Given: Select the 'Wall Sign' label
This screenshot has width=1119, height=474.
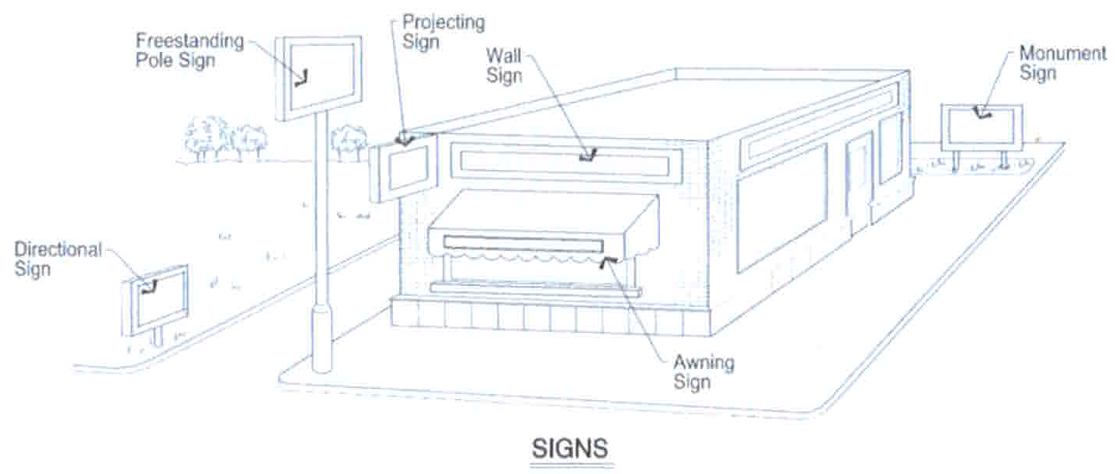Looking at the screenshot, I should [504, 66].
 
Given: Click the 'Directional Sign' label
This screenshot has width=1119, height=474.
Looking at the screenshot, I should [57, 260].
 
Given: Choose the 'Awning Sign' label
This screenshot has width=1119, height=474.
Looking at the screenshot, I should [704, 372].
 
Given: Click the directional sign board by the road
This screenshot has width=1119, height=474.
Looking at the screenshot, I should [156, 299].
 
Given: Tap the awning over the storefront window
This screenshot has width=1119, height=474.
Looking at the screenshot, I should [544, 225].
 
